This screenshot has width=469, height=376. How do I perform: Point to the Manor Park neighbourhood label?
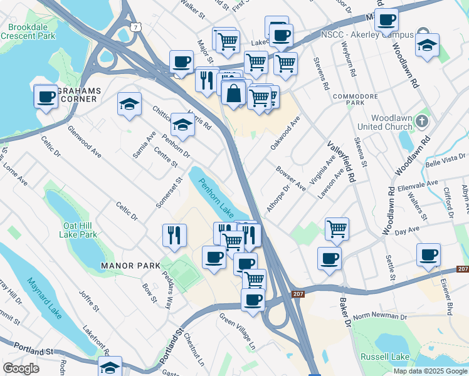[130, 266]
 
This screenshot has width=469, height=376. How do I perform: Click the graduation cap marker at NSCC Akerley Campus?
[427, 45]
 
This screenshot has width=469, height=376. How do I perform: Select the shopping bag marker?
[233, 94]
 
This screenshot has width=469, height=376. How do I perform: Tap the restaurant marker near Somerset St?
[175, 235]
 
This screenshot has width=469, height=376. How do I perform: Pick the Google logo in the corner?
[20, 368]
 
